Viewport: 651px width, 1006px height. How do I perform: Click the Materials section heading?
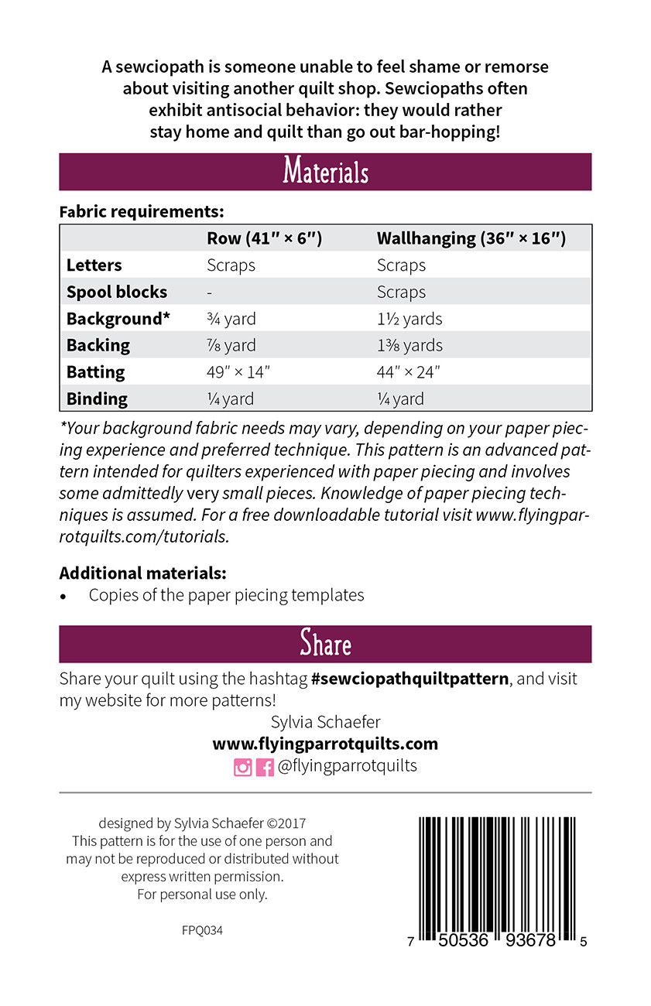point(325,171)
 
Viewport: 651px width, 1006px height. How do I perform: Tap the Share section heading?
point(325,644)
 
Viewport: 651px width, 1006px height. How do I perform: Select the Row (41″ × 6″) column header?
point(264,238)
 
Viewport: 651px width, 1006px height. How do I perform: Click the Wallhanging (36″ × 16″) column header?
point(471,238)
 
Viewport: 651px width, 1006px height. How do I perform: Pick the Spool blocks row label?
point(117,292)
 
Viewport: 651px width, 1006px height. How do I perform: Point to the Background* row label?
point(118,319)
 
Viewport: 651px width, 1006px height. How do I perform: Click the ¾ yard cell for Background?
point(231,319)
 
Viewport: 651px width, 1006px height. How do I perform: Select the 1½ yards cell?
point(409,319)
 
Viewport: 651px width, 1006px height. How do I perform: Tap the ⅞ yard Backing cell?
point(231,345)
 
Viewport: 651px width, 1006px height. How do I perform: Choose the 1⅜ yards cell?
point(409,345)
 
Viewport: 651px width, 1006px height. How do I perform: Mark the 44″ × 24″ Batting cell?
point(409,372)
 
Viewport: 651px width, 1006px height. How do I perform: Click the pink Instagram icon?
point(243,767)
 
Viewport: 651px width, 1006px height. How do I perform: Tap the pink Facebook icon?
point(265,767)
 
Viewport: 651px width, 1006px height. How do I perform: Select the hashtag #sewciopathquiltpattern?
point(409,679)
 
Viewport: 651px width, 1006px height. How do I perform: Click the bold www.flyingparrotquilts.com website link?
point(325,744)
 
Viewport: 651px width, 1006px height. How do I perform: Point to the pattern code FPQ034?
point(202,931)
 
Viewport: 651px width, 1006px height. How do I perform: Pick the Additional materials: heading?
point(143,573)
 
